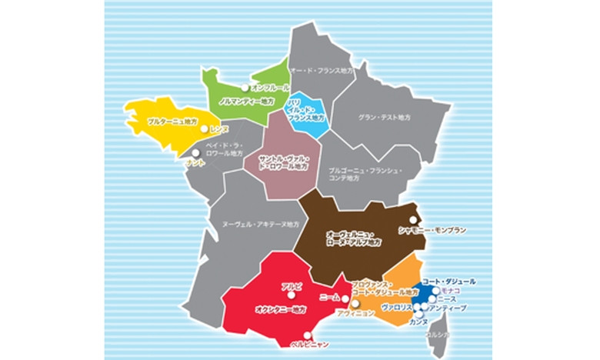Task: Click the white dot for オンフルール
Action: point(245,88)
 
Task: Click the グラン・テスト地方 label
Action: point(385,118)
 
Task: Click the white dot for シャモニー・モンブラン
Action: point(413,220)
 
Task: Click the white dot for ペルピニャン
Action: point(307,334)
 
